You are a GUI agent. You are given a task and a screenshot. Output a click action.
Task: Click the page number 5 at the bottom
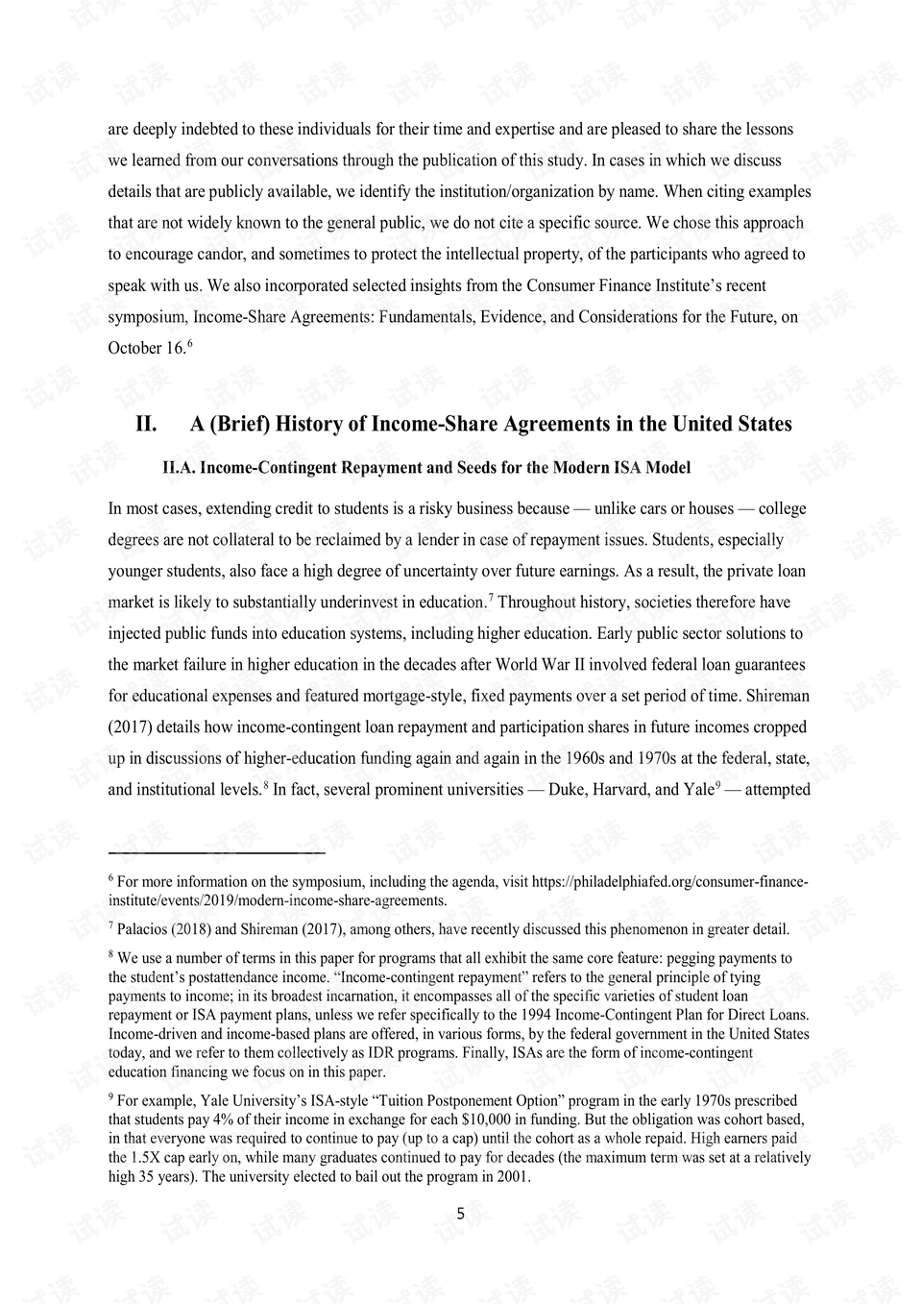click(x=460, y=1213)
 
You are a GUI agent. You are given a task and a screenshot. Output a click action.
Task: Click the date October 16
click(x=145, y=348)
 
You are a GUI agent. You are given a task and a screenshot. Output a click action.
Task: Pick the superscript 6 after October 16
click(x=190, y=343)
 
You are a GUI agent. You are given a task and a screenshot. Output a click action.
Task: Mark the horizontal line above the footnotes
click(x=217, y=851)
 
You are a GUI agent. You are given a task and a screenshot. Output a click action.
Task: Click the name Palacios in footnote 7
click(x=144, y=929)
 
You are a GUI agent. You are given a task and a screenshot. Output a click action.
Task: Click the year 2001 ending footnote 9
click(x=509, y=1177)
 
